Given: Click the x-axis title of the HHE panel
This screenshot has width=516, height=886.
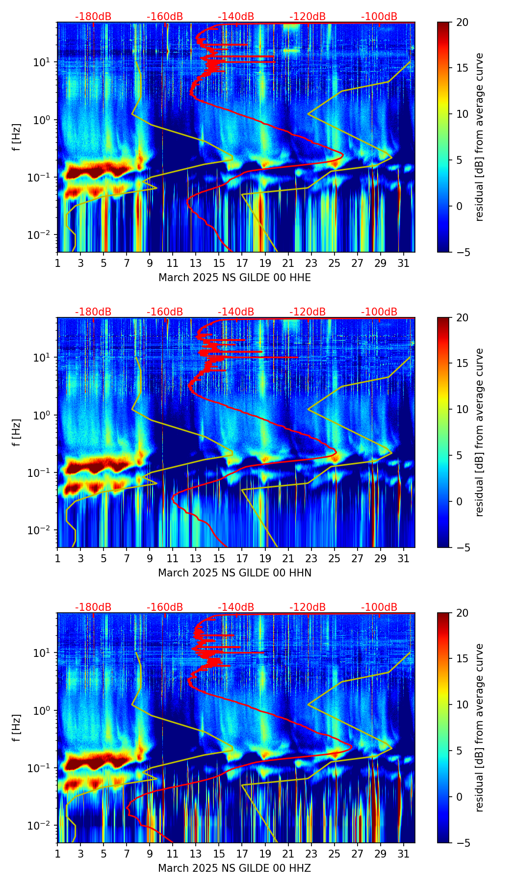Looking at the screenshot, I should point(234,278).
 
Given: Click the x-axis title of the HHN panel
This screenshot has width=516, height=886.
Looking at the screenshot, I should point(234,573).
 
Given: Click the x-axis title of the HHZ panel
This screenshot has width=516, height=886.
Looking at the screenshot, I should point(234,868).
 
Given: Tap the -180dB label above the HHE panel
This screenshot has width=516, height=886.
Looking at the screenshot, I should point(93,17).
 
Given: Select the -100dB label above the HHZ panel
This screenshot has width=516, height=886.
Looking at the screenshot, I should point(379,607).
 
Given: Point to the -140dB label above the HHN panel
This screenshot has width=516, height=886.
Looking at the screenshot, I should point(236,312).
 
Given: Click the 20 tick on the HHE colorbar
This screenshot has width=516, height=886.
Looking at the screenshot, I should point(463,22).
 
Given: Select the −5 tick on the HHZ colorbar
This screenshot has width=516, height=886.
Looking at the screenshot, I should point(462,843).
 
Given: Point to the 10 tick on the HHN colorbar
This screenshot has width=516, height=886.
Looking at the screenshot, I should point(463,409).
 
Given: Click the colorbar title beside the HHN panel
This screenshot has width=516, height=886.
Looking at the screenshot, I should point(479,432).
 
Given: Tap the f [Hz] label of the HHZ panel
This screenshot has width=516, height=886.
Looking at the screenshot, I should point(17,728).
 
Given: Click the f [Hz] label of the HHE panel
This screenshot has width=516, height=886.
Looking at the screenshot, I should point(17,137).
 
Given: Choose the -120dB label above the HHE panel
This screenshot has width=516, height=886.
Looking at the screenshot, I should point(308,17).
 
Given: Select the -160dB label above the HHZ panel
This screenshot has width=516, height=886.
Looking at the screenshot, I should point(165,607).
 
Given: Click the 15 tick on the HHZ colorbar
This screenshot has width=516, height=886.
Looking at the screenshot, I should point(463,659).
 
